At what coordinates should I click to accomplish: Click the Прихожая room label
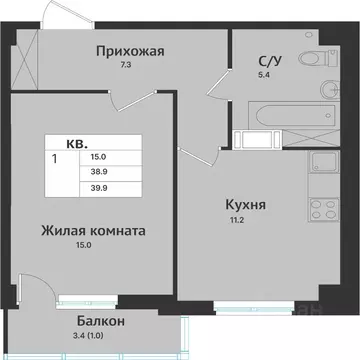129,51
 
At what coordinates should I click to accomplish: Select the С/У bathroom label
267,60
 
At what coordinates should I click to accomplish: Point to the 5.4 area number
266,76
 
